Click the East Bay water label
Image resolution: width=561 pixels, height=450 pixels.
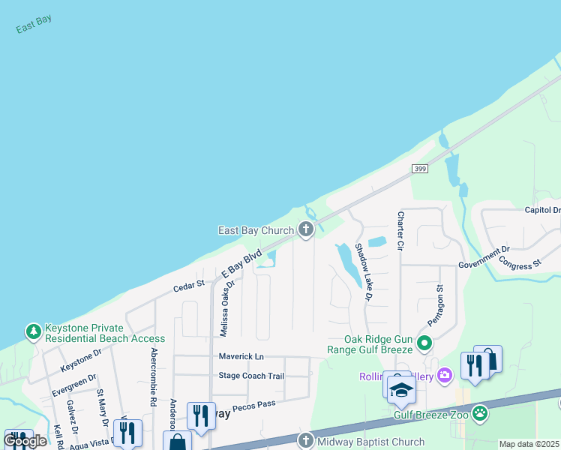[34, 24]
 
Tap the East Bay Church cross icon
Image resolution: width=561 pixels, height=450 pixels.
[306, 229]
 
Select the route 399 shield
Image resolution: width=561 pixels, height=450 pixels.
[420, 169]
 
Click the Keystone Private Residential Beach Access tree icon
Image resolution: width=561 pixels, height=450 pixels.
[33, 331]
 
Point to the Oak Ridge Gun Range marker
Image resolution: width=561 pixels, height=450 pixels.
[424, 344]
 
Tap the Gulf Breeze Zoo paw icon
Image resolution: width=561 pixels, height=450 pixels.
[480, 413]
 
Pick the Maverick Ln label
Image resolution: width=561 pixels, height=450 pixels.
[241, 355]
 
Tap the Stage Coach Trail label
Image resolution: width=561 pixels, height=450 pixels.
[251, 376]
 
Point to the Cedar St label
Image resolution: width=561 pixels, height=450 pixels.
[189, 285]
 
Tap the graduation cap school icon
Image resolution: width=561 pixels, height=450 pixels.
[401, 390]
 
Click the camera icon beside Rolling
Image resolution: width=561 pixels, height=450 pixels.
[445, 374]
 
